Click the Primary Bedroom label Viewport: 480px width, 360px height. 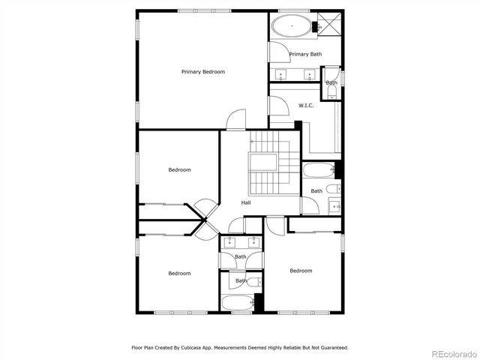coord(202,72)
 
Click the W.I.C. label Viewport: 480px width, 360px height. coord(306,106)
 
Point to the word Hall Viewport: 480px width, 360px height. coord(245,203)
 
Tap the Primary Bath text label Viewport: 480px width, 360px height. coord(305,54)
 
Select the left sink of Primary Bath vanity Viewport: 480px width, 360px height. coord(282,74)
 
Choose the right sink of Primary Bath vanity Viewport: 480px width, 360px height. coord(309,74)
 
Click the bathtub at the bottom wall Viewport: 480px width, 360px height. coord(238,303)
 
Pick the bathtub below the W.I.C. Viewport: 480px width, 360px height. coord(318,170)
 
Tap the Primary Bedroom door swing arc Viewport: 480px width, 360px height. coord(237,118)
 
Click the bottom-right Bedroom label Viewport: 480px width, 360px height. coord(301,271)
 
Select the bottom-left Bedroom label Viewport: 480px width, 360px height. coord(178,274)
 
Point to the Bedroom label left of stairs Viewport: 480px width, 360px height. coord(178,170)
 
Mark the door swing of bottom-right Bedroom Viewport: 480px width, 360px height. coord(276,223)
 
